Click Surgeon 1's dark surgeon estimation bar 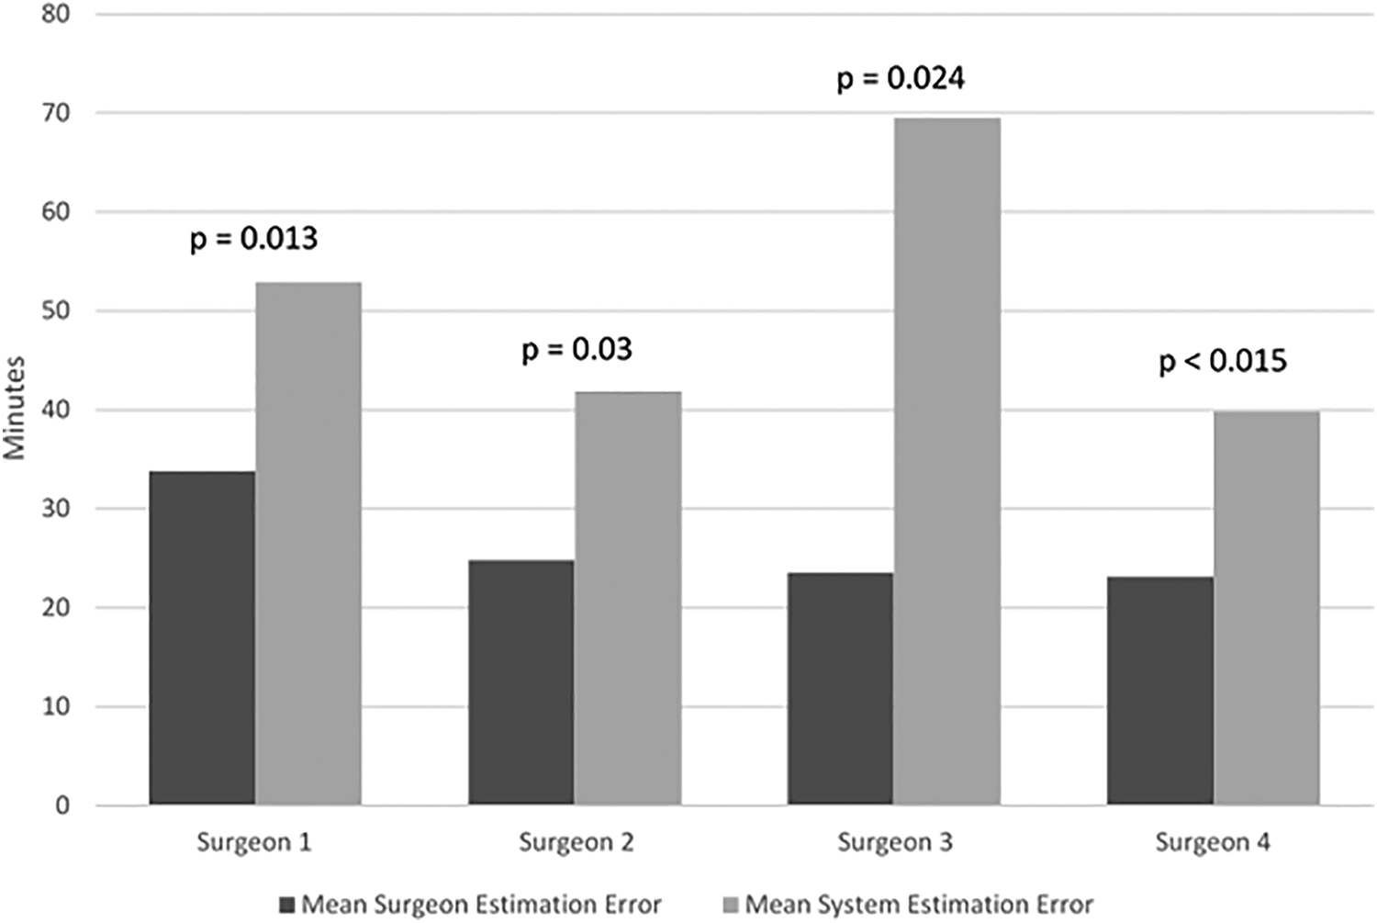pos(202,637)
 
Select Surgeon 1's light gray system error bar pos(308,544)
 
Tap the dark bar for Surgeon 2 pos(521,682)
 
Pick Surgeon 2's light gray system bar pos(628,598)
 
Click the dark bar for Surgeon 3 pos(840,689)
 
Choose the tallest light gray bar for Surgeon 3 pos(947,461)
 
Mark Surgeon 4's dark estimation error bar pos(1160,691)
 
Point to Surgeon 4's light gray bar pos(1267,608)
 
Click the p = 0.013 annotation pos(254,239)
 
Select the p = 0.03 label pos(577,350)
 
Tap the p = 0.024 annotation pos(901,79)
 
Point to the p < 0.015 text pos(1223,361)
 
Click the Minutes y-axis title pos(14,408)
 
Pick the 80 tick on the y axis pos(55,14)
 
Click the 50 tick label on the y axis pos(55,310)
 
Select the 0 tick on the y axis pos(62,805)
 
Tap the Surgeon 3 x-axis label pos(895,843)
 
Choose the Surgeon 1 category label pos(254,843)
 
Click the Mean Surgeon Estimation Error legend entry pos(470,905)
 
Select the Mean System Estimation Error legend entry pos(907,905)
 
